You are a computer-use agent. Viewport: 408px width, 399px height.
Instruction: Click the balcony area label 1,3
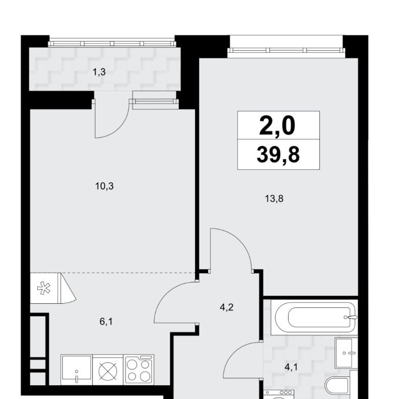[99, 72]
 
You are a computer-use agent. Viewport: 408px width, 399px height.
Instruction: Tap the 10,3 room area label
[104, 186]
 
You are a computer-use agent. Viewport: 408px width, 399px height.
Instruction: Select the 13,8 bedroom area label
[274, 199]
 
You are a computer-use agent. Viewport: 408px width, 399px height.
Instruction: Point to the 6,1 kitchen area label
[106, 322]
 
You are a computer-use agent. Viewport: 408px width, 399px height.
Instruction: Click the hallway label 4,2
[226, 307]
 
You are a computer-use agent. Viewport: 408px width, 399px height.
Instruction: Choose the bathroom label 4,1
[291, 367]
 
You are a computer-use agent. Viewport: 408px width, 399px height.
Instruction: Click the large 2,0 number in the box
[277, 126]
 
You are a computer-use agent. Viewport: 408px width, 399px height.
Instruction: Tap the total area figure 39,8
[278, 154]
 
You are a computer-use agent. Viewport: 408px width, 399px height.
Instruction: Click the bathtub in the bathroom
[314, 317]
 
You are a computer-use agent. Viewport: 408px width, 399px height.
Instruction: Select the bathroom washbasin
[346, 353]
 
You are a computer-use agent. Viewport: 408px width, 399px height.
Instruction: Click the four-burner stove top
[139, 369]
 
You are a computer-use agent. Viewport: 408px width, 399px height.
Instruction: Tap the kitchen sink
[77, 369]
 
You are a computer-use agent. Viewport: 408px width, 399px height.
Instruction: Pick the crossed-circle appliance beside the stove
[108, 370]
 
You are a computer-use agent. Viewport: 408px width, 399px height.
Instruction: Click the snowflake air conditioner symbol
[44, 288]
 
